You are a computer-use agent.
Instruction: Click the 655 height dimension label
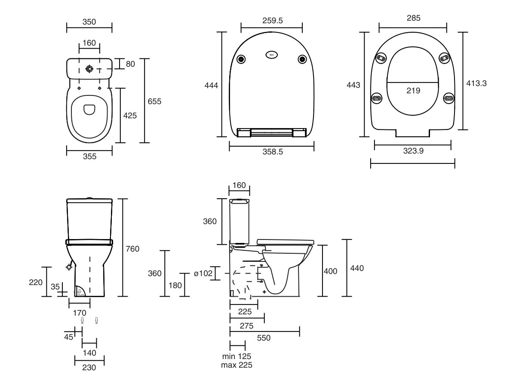pyautogui.click(x=155, y=101)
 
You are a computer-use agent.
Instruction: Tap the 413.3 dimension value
pyautogui.click(x=476, y=84)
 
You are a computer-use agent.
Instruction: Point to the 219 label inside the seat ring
pyautogui.click(x=413, y=90)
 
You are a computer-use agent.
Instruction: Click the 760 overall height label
pyautogui.click(x=132, y=249)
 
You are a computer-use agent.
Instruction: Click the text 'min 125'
pyautogui.click(x=236, y=356)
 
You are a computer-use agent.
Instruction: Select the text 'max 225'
pyautogui.click(x=236, y=365)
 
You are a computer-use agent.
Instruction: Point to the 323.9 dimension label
pyautogui.click(x=413, y=152)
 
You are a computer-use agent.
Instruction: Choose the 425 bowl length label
pyautogui.click(x=130, y=116)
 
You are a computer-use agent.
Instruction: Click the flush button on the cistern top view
pyautogui.click(x=90, y=69)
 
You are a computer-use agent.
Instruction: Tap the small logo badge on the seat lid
pyautogui.click(x=272, y=55)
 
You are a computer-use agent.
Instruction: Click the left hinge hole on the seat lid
pyautogui.click(x=241, y=59)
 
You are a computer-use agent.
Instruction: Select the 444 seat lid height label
pyautogui.click(x=211, y=86)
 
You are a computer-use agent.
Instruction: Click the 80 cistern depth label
pyautogui.click(x=130, y=64)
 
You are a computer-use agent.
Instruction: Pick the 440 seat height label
pyautogui.click(x=357, y=268)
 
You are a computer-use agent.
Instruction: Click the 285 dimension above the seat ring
pyautogui.click(x=413, y=18)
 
